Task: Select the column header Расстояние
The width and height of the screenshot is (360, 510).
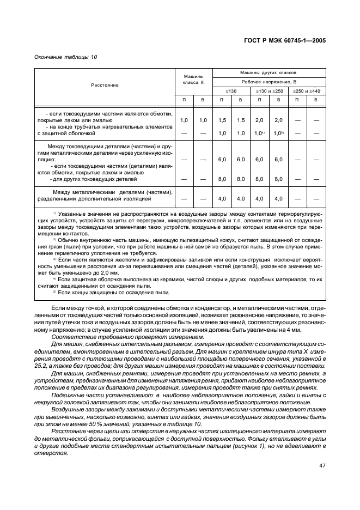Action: tap(105, 86)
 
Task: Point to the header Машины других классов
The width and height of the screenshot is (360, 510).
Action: tap(269, 72)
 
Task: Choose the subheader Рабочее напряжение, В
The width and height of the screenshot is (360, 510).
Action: tap(269, 81)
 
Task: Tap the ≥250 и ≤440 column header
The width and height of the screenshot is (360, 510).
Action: tap(307, 90)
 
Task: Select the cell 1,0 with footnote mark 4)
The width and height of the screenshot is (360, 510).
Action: tap(259, 133)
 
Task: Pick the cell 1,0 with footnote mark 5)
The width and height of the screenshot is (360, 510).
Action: tap(278, 133)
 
